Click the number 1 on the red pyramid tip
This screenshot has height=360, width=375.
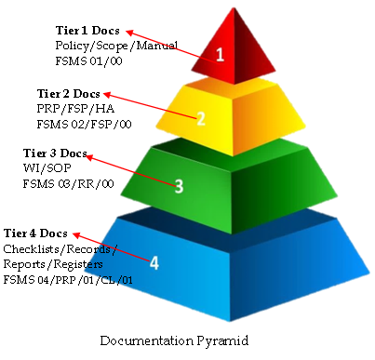(x=221, y=54)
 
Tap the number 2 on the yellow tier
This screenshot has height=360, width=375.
(x=200, y=118)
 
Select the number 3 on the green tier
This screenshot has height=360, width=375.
(x=179, y=185)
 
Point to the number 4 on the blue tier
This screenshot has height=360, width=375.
(x=154, y=262)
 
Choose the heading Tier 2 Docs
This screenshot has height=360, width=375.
(x=68, y=95)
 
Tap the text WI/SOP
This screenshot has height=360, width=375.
(x=41, y=168)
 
